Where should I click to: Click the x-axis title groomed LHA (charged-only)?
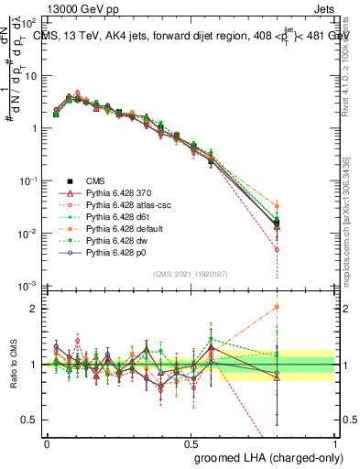click(x=264, y=456)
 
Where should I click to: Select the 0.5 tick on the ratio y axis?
click(x=31, y=420)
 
